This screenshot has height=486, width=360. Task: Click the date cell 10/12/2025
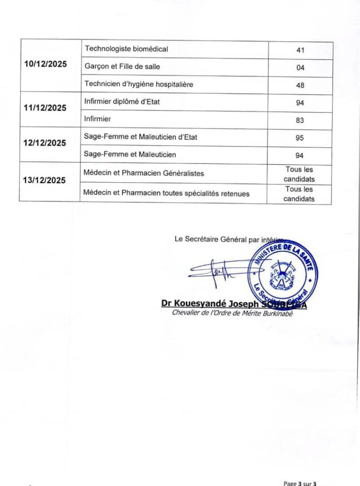click(46, 65)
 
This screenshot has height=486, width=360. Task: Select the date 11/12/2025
click(45, 108)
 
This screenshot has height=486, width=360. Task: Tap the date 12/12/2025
click(45, 143)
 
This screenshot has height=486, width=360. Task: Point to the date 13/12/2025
click(45, 180)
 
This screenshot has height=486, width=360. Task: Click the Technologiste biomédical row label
click(126, 48)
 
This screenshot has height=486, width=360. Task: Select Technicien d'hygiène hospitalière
click(138, 84)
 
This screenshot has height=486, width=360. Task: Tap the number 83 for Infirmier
click(300, 121)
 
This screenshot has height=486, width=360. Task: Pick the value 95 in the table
click(300, 138)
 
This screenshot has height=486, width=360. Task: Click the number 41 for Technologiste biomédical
click(300, 50)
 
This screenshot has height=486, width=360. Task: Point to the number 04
click(300, 68)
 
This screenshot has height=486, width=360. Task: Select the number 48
click(300, 85)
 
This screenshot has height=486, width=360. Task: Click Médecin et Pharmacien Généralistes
click(144, 173)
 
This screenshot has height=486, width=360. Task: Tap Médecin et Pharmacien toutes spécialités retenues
click(166, 193)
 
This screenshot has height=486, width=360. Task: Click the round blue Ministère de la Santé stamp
click(283, 274)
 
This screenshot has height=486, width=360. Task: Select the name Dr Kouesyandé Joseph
click(211, 304)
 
